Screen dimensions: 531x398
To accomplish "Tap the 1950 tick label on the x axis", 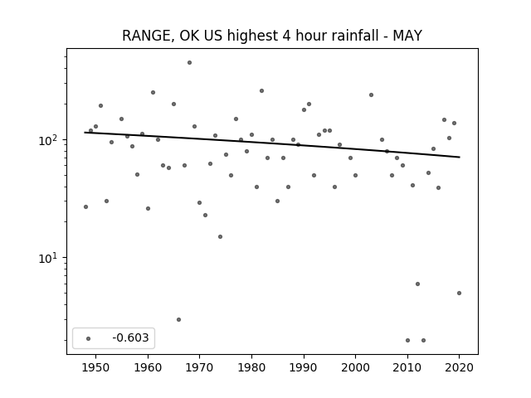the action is click(96, 367).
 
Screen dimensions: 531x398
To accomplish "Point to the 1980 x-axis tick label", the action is click(251, 367).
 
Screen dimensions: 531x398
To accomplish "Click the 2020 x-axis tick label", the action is click(459, 367).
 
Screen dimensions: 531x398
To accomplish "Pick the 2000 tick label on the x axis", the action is click(355, 367).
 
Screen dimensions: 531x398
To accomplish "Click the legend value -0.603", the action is click(130, 337).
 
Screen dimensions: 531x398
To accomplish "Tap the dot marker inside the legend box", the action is click(89, 338).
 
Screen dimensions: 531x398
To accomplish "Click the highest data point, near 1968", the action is click(190, 63).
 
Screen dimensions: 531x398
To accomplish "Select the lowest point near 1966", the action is click(179, 319).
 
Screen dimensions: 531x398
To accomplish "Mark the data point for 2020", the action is click(459, 293).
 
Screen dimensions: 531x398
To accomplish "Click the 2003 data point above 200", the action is click(371, 95).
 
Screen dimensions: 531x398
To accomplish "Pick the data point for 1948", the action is click(85, 206).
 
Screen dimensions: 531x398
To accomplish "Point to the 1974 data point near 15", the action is click(221, 236).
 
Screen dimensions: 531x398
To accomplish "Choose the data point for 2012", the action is click(417, 284).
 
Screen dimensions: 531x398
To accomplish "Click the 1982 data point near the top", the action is click(262, 90).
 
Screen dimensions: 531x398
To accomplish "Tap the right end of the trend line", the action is click(460, 157).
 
